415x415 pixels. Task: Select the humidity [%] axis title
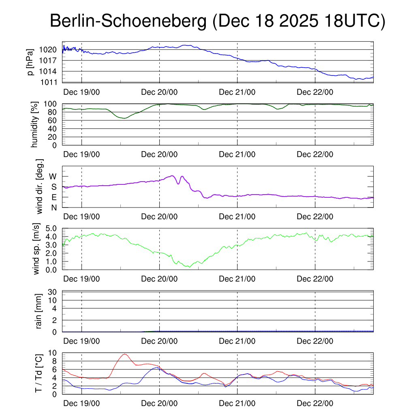(x=35, y=124)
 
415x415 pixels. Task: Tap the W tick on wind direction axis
(x=53, y=177)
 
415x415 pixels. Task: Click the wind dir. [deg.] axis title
(x=40, y=186)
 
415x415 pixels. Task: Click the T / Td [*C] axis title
(x=39, y=373)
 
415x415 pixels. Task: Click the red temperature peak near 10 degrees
(x=124, y=354)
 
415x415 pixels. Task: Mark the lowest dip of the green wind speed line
(x=189, y=266)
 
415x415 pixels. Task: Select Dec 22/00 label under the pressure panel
(x=315, y=92)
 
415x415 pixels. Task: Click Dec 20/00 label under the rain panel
(x=159, y=341)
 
